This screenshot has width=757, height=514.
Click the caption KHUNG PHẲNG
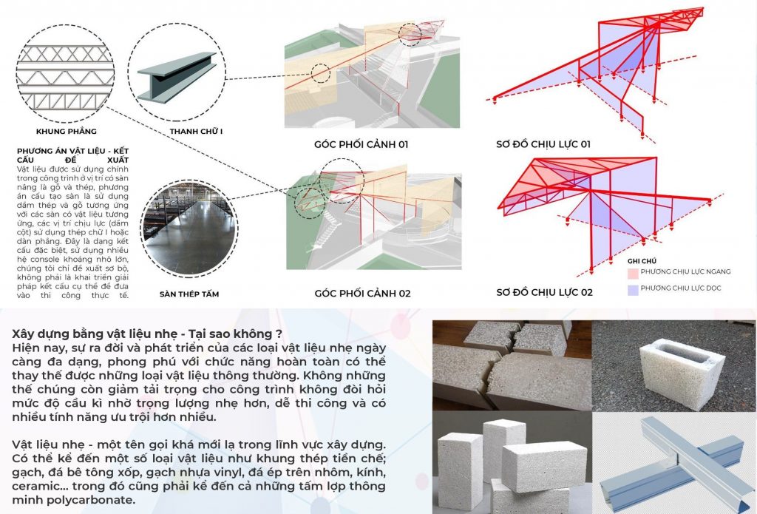coord(66,132)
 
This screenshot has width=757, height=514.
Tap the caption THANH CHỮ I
coord(196,132)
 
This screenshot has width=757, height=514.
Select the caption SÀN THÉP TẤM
coord(189,294)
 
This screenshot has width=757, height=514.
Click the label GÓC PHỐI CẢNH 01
coord(361,144)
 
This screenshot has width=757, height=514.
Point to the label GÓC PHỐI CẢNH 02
coord(362,293)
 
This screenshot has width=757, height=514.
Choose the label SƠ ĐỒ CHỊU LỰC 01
coord(543,144)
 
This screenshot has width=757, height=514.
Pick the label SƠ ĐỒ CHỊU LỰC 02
coord(544,292)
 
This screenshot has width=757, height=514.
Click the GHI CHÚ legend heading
coord(642,261)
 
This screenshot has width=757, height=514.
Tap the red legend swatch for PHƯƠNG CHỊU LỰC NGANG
coord(633,274)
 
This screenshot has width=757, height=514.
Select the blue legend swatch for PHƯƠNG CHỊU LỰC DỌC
coord(633,290)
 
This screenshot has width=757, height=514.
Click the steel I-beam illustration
coord(177,78)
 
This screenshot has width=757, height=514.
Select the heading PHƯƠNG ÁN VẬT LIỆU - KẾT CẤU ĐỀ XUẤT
coord(72,155)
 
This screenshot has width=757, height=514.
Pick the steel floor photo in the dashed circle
coord(189,228)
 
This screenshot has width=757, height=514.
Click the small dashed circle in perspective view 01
coord(321,74)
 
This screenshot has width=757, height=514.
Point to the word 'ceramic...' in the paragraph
coord(40,486)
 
